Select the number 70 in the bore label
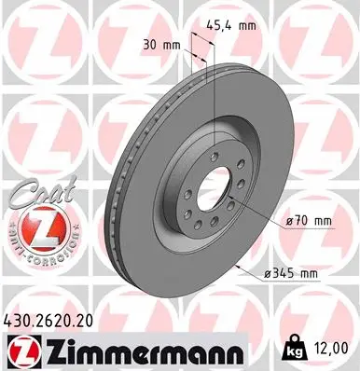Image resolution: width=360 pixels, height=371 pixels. pyautogui.click(x=305, y=220)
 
